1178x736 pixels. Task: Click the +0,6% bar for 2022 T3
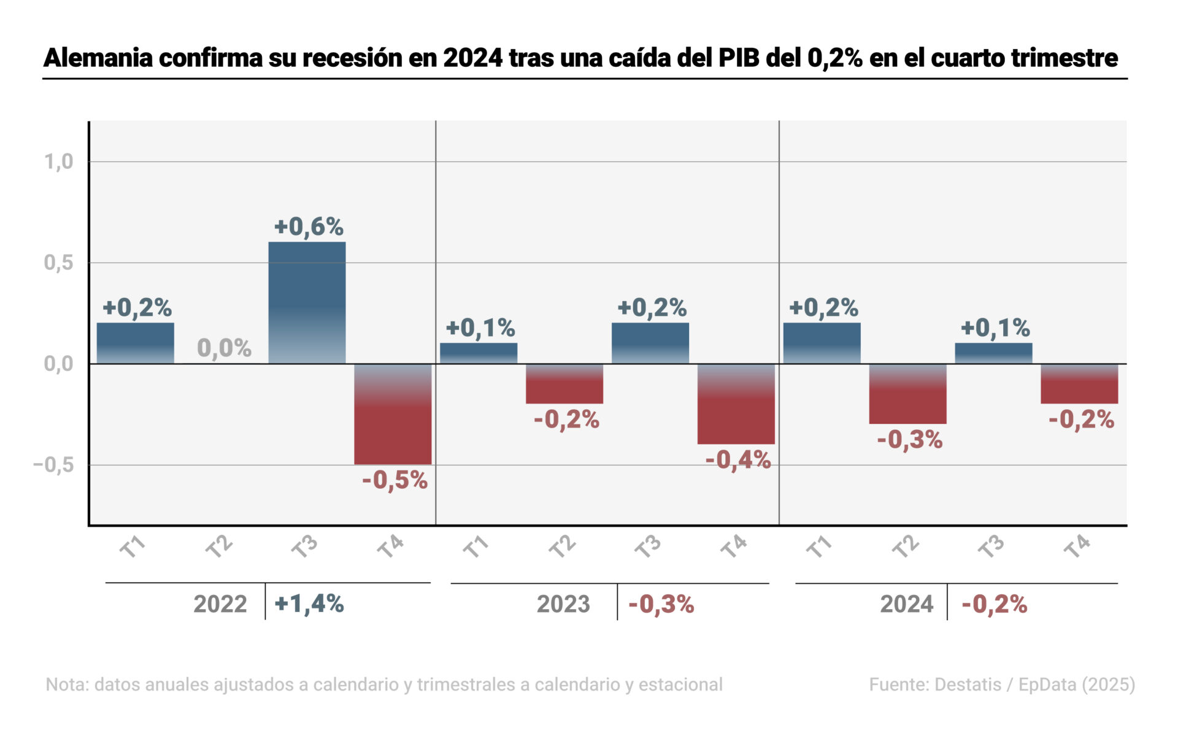click(x=307, y=302)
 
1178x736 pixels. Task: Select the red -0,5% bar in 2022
click(x=393, y=414)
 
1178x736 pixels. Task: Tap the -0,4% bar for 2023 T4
click(x=736, y=404)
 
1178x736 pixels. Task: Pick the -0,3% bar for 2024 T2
click(x=907, y=394)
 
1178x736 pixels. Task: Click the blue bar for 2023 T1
click(x=479, y=353)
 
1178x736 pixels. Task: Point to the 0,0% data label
click(x=224, y=348)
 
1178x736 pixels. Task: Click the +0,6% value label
click(x=309, y=227)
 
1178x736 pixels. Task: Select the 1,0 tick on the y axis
click(x=58, y=162)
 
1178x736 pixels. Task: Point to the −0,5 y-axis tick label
click(x=54, y=465)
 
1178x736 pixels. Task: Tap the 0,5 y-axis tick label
click(x=58, y=263)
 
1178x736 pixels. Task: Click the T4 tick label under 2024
click(x=1077, y=546)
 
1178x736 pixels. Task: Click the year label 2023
click(x=563, y=604)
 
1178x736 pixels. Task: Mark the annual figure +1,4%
click(x=309, y=604)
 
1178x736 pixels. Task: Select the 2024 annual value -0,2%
click(x=994, y=604)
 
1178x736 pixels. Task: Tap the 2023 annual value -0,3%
click(x=661, y=604)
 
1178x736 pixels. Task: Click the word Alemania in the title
click(x=98, y=58)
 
